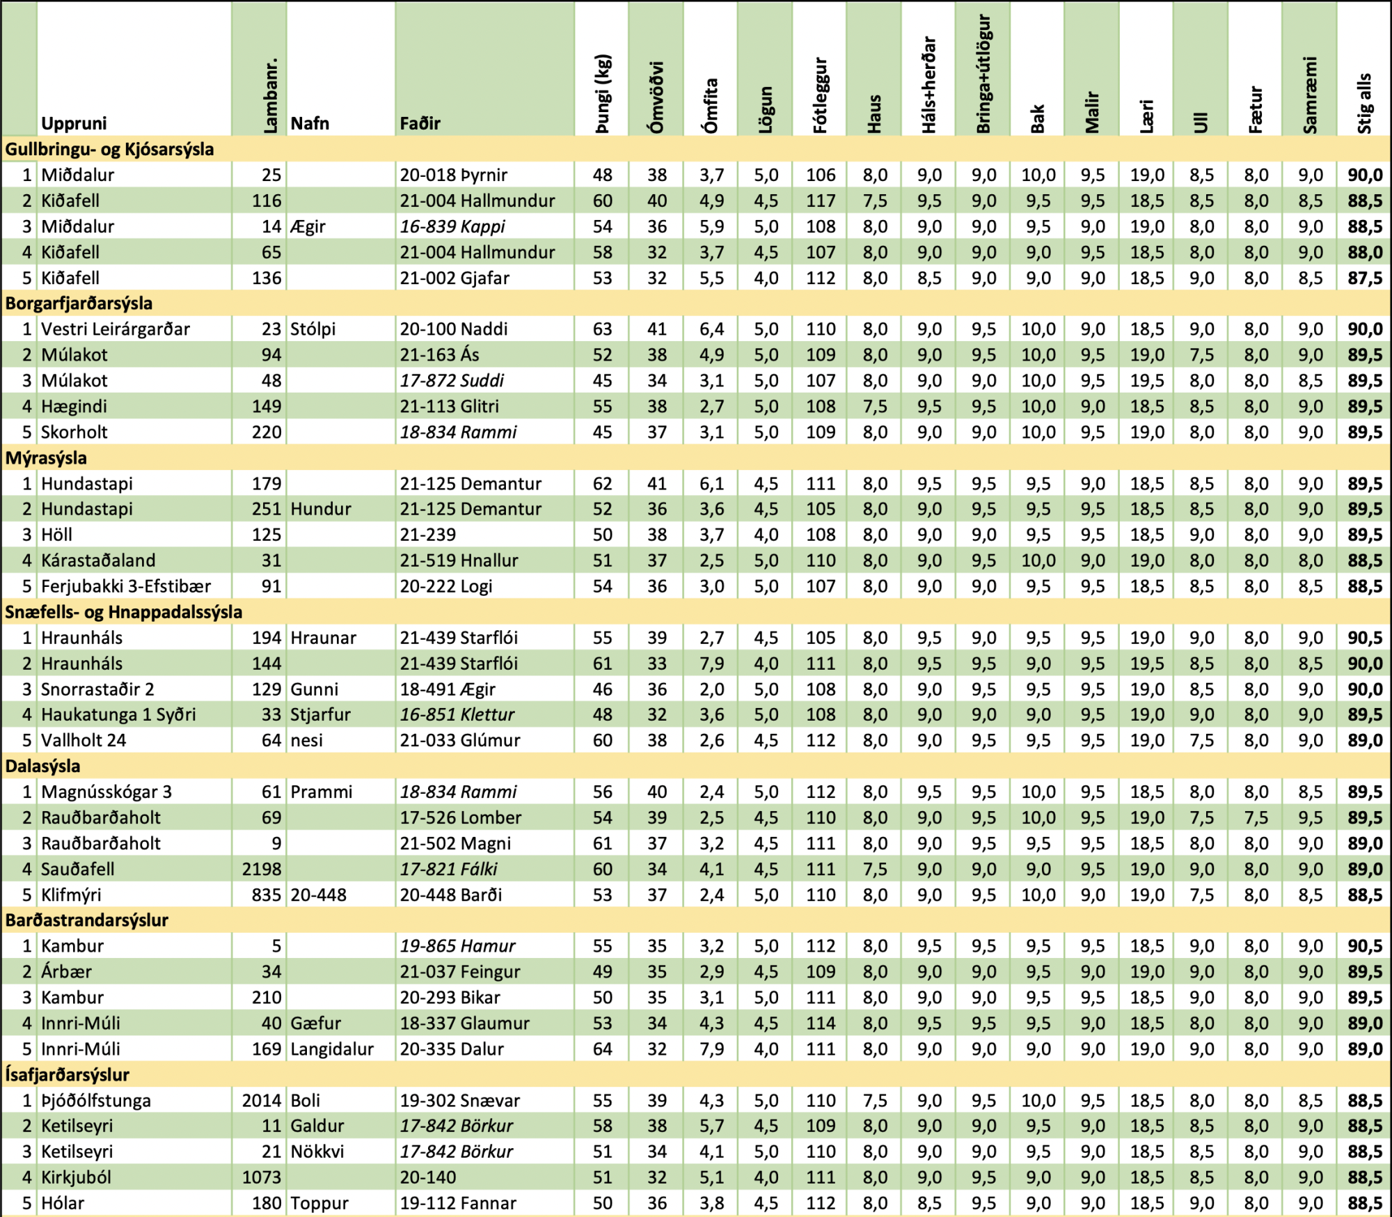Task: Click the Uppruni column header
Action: click(x=74, y=123)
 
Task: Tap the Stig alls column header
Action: click(x=1364, y=103)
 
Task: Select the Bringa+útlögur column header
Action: click(x=983, y=74)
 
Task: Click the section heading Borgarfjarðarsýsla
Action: click(x=79, y=304)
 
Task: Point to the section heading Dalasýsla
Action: click(x=42, y=766)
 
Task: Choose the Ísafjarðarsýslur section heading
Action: click(x=67, y=1074)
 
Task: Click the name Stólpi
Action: click(x=313, y=329)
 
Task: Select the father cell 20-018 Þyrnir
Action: click(x=453, y=175)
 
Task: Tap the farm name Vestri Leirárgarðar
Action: click(x=115, y=329)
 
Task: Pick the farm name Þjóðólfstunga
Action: click(x=95, y=1100)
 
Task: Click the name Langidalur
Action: click(x=332, y=1049)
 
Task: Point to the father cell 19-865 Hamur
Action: click(x=457, y=945)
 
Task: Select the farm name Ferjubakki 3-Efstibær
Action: click(x=125, y=586)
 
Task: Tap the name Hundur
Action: click(x=321, y=509)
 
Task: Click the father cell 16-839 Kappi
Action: click(x=452, y=226)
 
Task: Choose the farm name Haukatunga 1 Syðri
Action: click(x=118, y=714)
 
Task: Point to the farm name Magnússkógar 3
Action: click(x=106, y=792)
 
